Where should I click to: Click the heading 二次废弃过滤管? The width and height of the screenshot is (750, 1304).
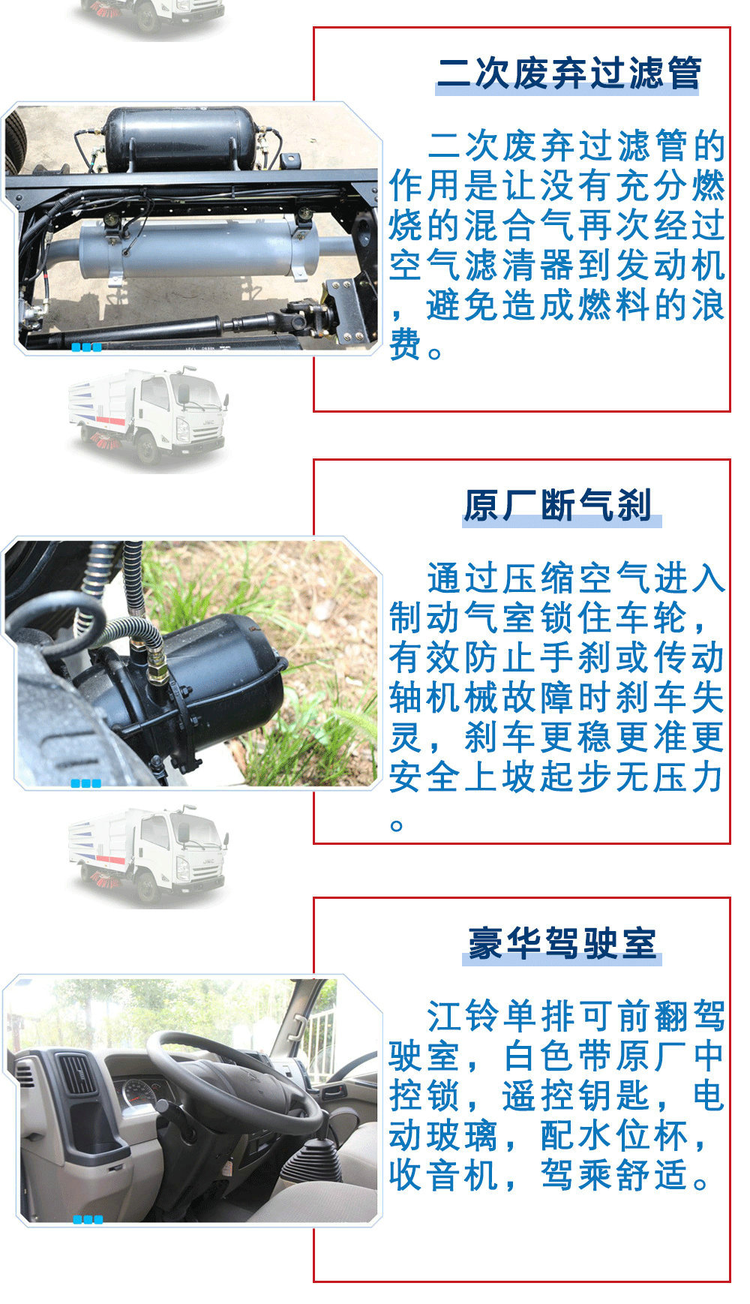pyautogui.click(x=568, y=74)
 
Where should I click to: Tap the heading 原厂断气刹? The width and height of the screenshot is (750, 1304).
pyautogui.click(x=557, y=505)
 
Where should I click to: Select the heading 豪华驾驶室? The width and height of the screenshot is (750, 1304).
pyautogui.click(x=562, y=942)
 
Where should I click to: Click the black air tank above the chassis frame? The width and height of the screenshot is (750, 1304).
pyautogui.click(x=181, y=138)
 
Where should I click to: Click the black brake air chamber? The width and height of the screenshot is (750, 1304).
pyautogui.click(x=202, y=687)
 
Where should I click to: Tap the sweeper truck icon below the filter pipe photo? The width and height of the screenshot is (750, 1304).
pyautogui.click(x=148, y=416)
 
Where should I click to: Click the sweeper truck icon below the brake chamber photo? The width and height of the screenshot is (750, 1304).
pyautogui.click(x=148, y=855)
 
